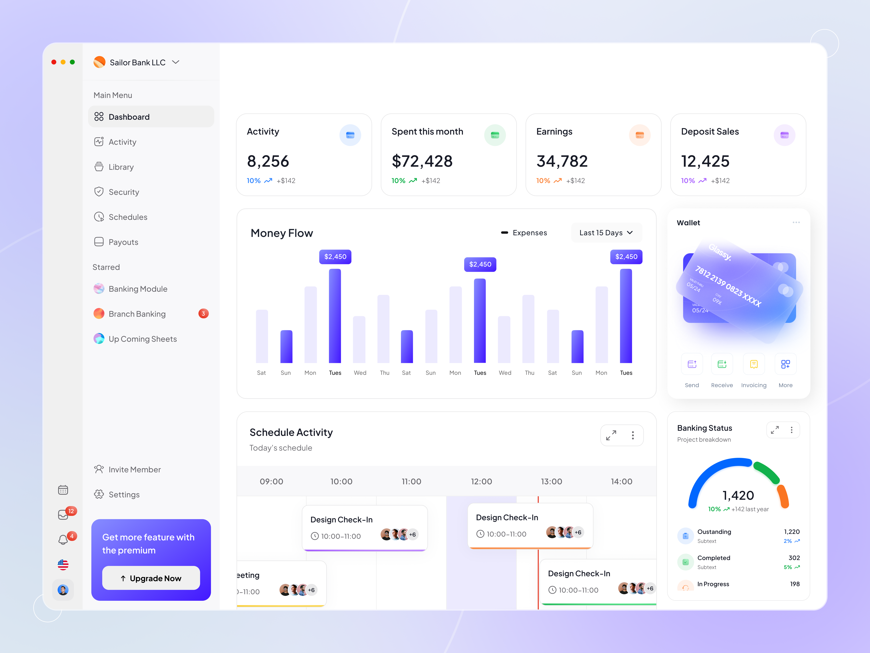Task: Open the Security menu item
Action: point(123,192)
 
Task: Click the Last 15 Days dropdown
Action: point(606,233)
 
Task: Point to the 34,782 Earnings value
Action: point(562,161)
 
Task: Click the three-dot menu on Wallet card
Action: point(796,223)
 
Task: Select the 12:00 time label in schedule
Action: point(481,481)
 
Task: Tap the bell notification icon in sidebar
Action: point(63,539)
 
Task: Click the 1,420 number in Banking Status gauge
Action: point(738,495)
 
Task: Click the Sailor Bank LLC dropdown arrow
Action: point(176,62)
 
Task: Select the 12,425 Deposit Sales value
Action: point(705,161)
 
